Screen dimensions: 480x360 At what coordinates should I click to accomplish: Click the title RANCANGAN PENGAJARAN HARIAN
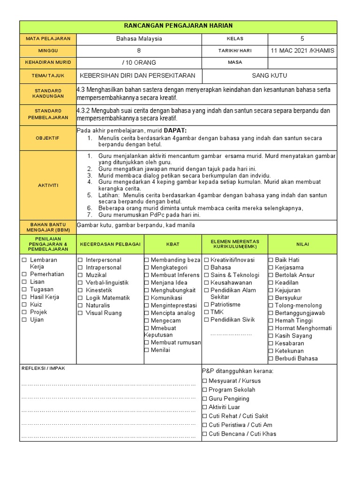178,26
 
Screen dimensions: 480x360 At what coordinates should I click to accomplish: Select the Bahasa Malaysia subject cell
139,39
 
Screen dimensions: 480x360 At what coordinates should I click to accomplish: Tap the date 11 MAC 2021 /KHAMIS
302,51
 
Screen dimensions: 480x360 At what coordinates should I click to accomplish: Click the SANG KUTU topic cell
270,75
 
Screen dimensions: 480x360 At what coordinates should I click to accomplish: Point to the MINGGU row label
48,51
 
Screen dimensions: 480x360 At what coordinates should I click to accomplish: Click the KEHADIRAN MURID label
48,63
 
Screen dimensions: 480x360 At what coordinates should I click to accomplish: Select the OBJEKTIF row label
48,138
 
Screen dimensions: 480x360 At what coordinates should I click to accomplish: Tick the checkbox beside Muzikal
80,275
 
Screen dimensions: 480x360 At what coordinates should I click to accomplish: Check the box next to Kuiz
23,305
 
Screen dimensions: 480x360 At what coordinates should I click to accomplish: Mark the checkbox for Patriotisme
206,305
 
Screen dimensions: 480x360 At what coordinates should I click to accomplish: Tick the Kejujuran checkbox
271,290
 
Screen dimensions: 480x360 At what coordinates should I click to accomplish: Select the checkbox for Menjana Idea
147,283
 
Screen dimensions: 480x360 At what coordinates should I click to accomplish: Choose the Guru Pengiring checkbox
204,399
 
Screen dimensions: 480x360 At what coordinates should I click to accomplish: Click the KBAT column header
172,244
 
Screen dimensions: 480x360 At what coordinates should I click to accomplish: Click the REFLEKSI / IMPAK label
44,368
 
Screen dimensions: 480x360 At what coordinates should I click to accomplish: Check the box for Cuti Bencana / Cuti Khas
204,434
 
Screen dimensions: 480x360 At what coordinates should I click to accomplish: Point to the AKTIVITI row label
48,185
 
